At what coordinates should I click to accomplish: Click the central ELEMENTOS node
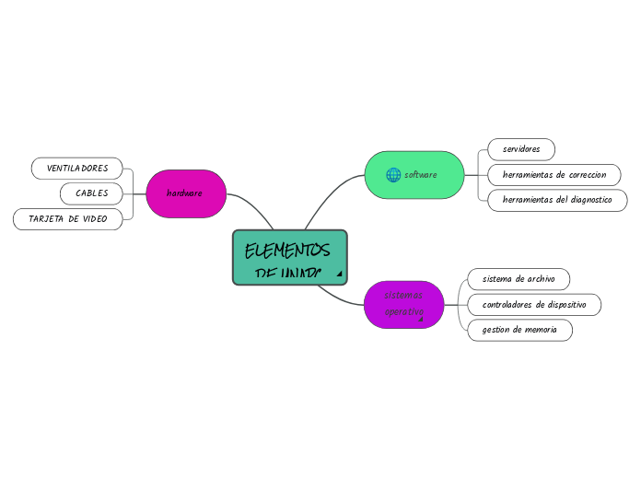[x=289, y=257]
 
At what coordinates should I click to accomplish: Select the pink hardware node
[x=186, y=193]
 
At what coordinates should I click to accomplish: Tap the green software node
[x=414, y=175]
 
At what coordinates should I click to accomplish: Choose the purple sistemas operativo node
[x=403, y=304]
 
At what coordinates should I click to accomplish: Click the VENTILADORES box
[x=77, y=169]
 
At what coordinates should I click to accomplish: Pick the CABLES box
[x=91, y=193]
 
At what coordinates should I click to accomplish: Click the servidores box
[x=521, y=149]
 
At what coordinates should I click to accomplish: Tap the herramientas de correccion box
[x=554, y=175]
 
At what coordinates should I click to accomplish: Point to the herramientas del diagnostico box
[x=557, y=200]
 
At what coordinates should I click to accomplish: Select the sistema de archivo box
[x=519, y=278]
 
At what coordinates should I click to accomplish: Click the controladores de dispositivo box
[x=534, y=304]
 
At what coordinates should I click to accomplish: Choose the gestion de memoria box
[x=519, y=330]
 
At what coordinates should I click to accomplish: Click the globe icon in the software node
[x=393, y=175]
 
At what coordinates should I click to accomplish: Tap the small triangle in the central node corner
[x=339, y=274]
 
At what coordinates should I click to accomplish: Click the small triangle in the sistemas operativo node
[x=421, y=320]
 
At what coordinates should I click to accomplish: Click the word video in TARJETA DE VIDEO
[x=94, y=219]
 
